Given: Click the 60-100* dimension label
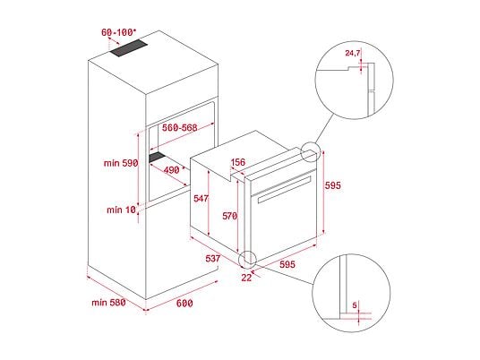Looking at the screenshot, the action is point(118,32).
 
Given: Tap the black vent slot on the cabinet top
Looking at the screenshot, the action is point(129,48).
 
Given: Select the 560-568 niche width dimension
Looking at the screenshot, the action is point(180,128).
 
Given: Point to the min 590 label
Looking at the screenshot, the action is point(121,163).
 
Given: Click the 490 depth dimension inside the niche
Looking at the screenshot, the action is point(172,170).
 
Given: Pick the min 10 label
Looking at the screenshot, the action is point(121,210).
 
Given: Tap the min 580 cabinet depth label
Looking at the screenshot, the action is point(108,303).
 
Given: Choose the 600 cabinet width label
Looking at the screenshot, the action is point(184,304).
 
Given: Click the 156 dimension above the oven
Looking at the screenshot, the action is point(238,162).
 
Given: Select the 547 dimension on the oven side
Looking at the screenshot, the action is point(201,199).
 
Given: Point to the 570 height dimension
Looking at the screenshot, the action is point(230,216).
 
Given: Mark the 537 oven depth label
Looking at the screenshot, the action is point(213,259).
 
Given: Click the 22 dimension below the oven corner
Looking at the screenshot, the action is point(246,278).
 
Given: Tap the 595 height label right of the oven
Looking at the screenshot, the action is point(333,185).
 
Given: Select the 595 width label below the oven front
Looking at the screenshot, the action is point(287,264).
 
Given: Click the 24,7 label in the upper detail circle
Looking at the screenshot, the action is point(353,53).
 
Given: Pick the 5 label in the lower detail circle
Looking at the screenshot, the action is point(355,305).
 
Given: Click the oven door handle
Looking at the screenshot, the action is point(285,190).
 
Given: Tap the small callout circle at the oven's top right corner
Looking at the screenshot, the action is point(310,152).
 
